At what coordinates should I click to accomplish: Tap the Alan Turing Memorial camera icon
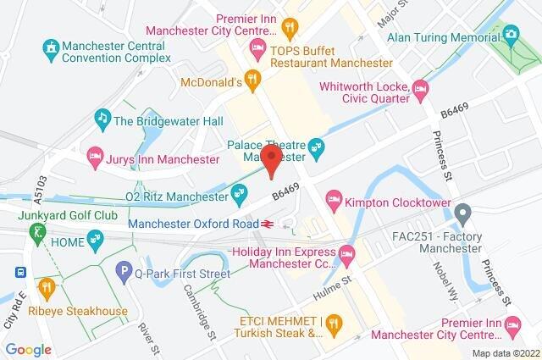(x=510, y=35)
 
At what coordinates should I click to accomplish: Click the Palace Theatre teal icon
(x=317, y=147)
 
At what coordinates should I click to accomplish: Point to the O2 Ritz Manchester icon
(x=240, y=193)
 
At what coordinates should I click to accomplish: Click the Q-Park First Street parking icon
(x=124, y=270)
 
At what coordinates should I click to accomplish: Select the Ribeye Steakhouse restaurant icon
(x=46, y=288)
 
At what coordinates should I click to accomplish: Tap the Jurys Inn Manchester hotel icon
(x=96, y=155)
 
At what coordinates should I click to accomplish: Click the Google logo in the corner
(x=28, y=349)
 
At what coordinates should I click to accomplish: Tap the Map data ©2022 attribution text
(x=505, y=353)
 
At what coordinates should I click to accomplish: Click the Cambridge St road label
(x=196, y=302)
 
